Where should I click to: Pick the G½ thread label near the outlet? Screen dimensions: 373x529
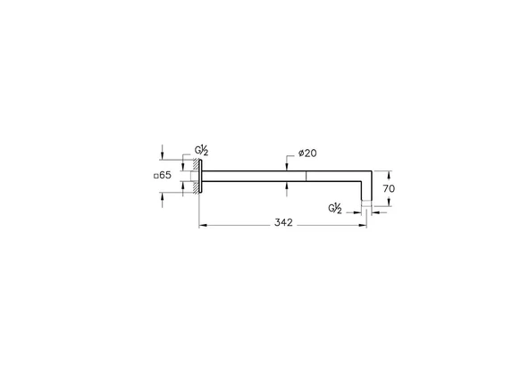click(x=335, y=209)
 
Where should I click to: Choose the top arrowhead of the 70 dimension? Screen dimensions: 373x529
click(x=375, y=172)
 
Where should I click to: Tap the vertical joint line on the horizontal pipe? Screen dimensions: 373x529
click(x=306, y=175)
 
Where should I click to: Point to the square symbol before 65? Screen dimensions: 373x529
click(x=157, y=176)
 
